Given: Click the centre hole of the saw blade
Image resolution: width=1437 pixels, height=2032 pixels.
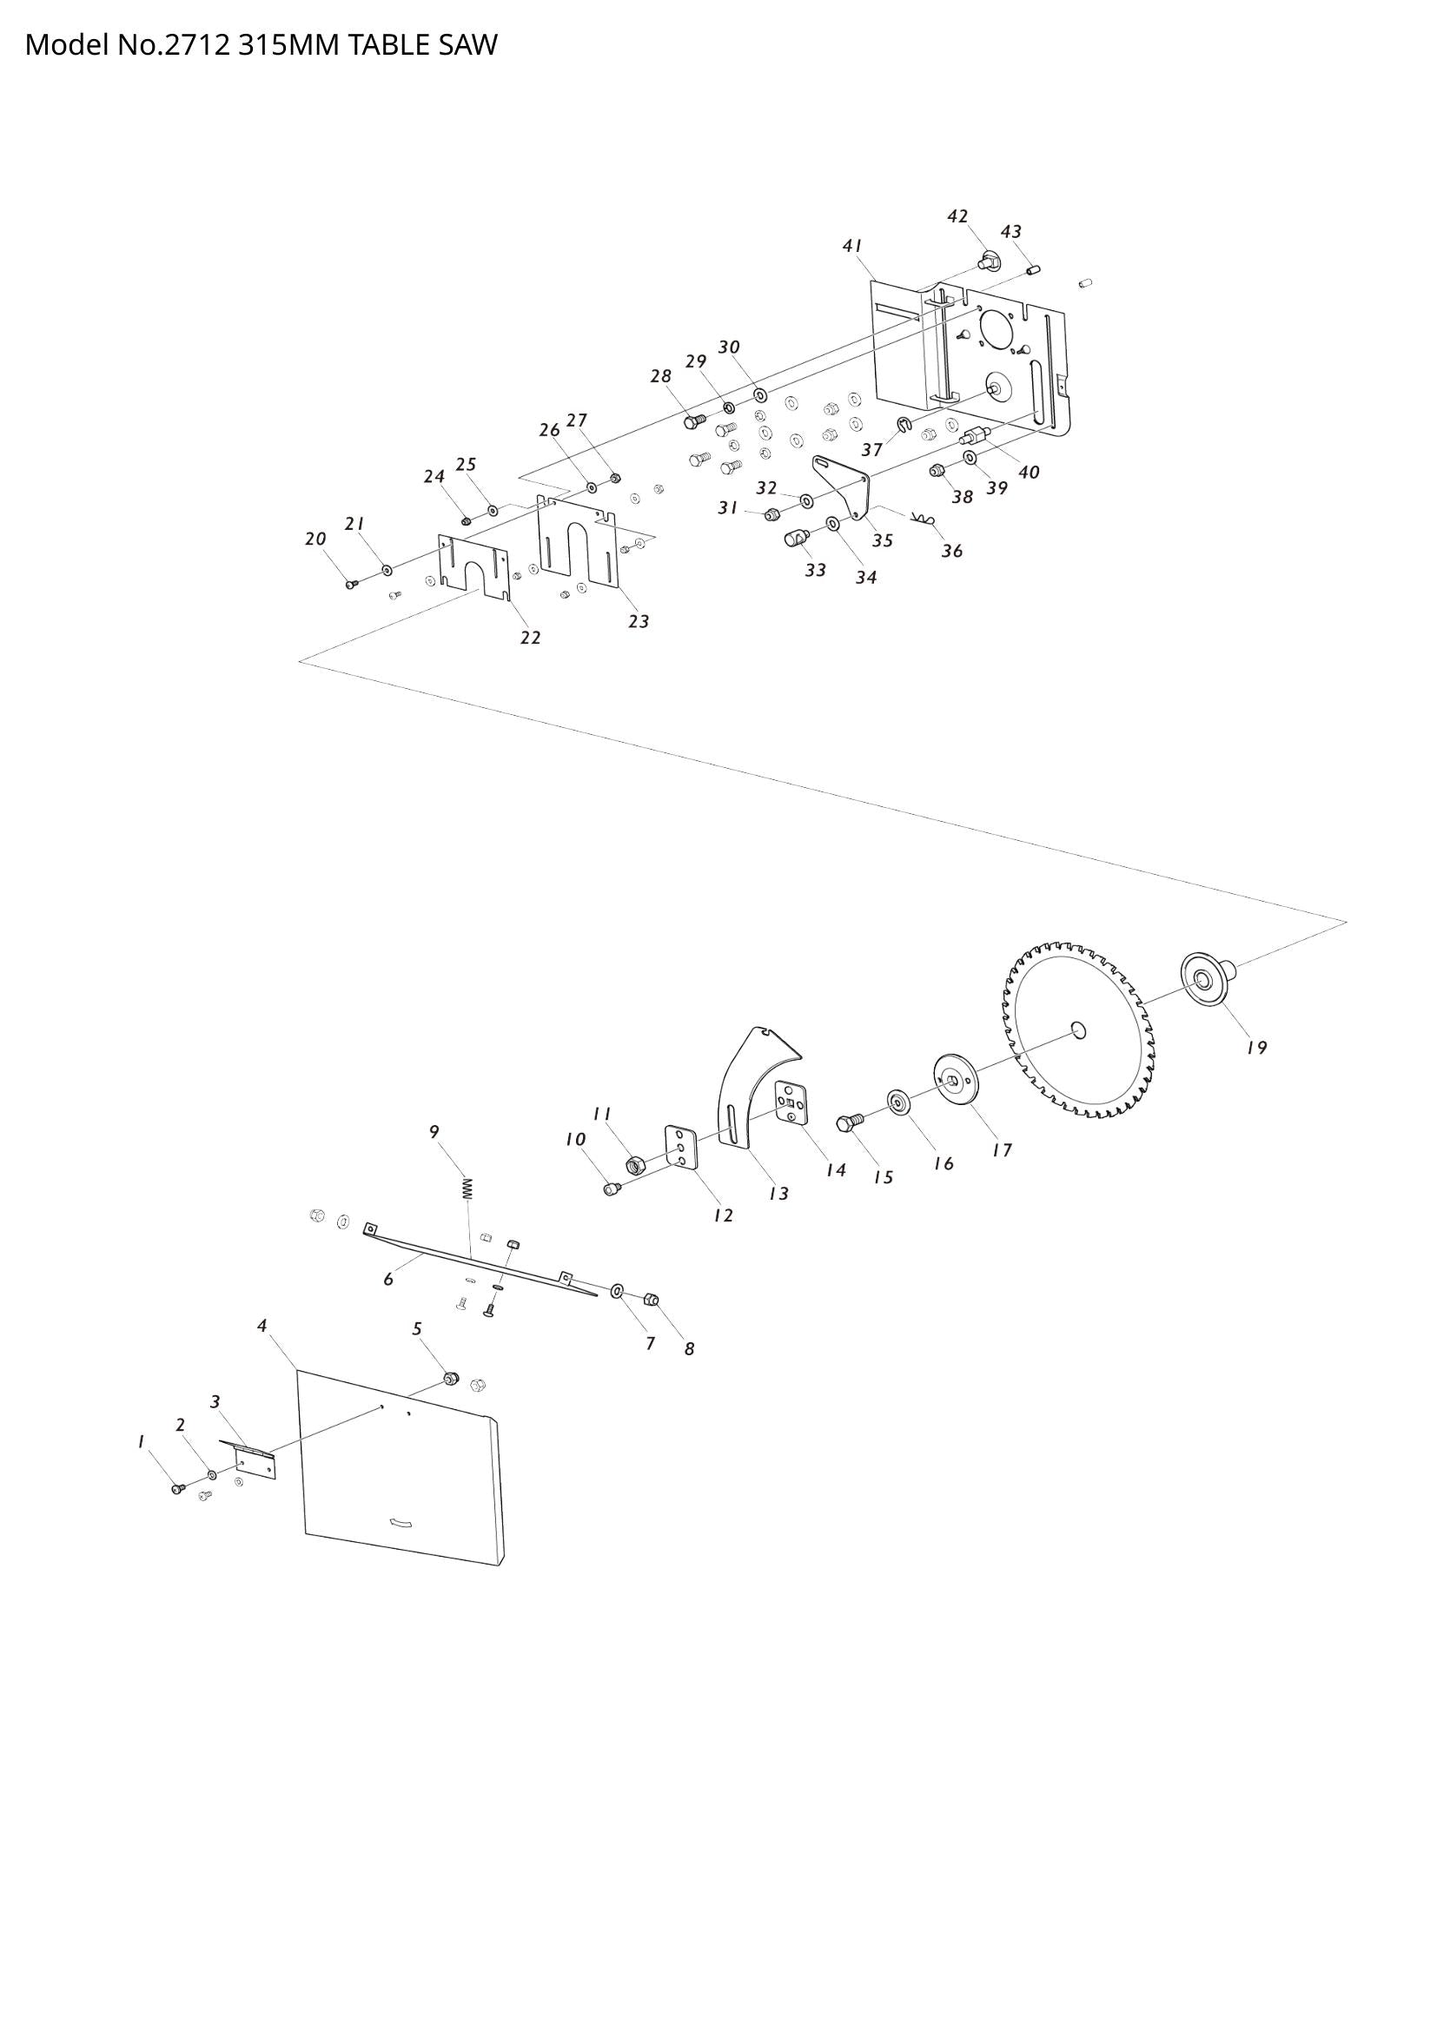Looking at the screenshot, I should tap(1077, 1029).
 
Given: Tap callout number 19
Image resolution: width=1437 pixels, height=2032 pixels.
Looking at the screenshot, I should tap(1256, 1048).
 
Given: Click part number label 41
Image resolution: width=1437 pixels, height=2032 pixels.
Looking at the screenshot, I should tap(852, 247).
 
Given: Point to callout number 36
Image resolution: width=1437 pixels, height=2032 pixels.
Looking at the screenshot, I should tap(951, 552).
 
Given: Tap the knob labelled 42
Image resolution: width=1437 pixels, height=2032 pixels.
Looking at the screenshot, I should tap(988, 261).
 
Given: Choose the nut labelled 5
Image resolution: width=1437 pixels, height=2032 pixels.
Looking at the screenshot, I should tap(450, 1379).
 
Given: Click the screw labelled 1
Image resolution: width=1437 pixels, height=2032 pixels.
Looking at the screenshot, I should tap(176, 1490).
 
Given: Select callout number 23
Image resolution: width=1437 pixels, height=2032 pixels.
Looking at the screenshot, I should tap(638, 622).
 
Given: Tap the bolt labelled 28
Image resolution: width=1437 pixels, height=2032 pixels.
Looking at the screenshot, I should tap(693, 421).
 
